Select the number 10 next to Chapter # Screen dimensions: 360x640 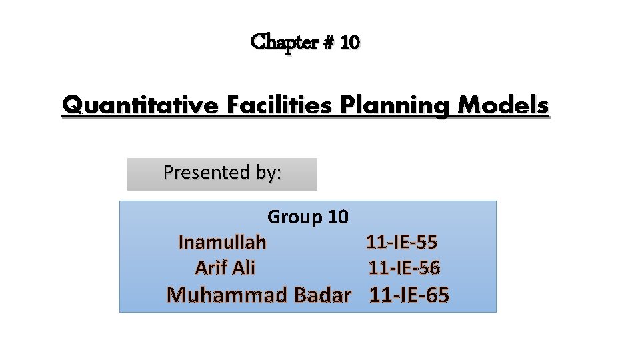point(350,43)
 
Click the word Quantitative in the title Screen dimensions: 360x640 point(139,105)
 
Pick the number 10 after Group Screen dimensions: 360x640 point(338,217)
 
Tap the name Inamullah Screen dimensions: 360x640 point(223,242)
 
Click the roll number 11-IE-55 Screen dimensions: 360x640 point(402,242)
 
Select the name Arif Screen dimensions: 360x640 point(211,268)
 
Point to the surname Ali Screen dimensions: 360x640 point(243,268)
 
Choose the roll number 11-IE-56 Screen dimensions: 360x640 point(405,268)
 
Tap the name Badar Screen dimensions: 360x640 point(322,295)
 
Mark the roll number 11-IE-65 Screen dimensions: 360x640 point(409,295)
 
